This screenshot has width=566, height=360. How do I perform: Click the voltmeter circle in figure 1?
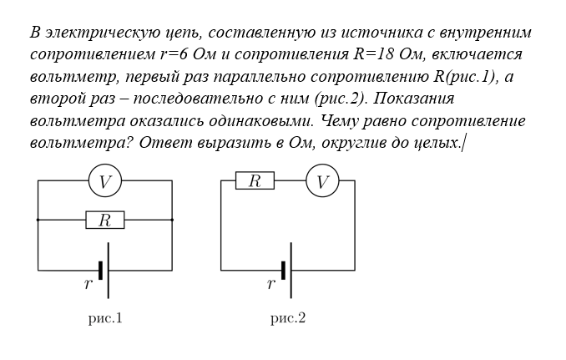pos(105,180)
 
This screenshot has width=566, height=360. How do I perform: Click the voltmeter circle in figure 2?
pos(322,180)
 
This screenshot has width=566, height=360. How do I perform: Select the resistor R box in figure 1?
pos(105,220)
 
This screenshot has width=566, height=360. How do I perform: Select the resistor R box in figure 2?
pos(255,180)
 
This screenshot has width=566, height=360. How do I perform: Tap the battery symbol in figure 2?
pos(288,270)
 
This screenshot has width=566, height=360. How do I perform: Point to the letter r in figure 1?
pos(88,284)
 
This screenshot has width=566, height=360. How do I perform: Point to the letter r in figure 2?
pos(271,284)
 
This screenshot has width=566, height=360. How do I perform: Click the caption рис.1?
pos(105,318)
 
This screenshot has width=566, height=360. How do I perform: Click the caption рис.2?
pos(288,318)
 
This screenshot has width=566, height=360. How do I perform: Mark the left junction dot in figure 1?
pos(38,220)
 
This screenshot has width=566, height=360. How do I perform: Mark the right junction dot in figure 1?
pos(172,220)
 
